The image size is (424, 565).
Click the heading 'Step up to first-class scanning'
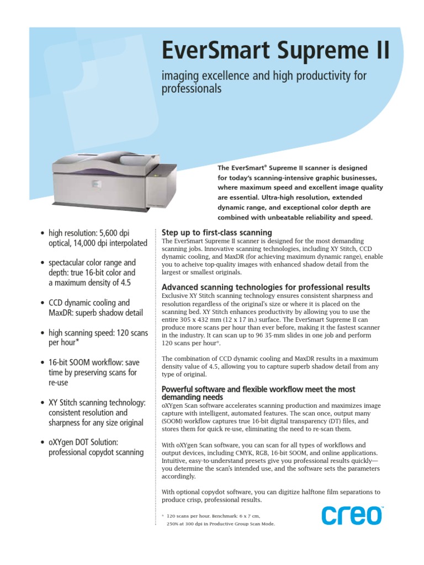pos(216,233)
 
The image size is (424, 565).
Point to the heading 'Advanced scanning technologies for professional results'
pos(266,287)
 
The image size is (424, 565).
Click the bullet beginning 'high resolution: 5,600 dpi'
pos(98,238)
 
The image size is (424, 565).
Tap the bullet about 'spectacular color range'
pos(92,273)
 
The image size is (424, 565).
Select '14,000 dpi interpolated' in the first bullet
pos(113,243)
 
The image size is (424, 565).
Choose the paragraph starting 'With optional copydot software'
pos(271,495)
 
